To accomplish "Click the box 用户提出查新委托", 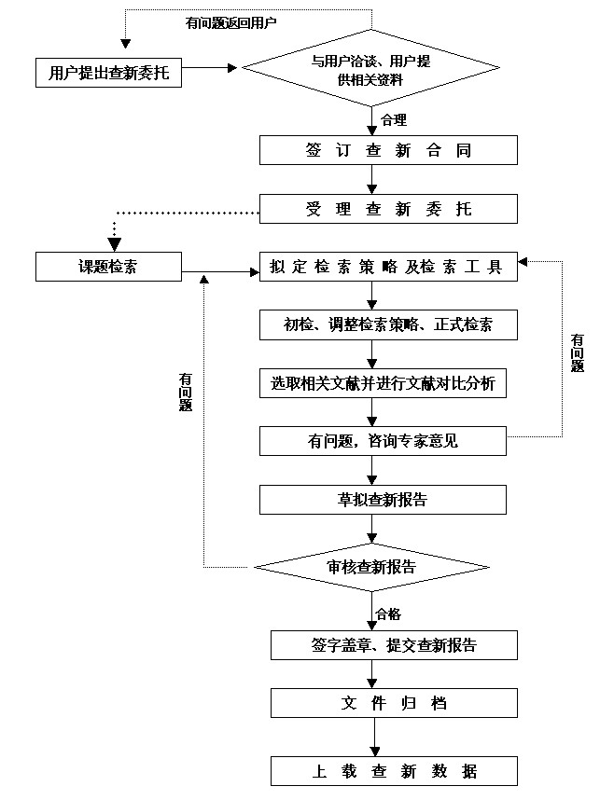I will [x=109, y=72].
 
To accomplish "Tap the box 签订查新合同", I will [x=388, y=151].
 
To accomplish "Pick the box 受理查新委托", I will [x=388, y=209].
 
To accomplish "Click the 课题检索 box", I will [x=107, y=267].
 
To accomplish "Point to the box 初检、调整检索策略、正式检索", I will [x=388, y=324].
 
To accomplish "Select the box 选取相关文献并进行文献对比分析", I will [x=383, y=383].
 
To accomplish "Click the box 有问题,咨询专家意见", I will [x=383, y=441].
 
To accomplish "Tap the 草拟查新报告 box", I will [x=383, y=499].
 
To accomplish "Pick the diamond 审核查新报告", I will [x=372, y=567].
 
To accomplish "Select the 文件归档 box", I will [x=394, y=702].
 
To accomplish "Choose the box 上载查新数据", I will [x=394, y=771].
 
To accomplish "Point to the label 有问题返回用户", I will [x=230, y=21].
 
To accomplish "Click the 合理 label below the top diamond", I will [x=394, y=119].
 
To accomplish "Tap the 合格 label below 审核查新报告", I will [x=388, y=614].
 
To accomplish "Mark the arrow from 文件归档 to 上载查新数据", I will [x=374, y=738].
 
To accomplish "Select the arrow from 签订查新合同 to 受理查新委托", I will [x=372, y=179].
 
